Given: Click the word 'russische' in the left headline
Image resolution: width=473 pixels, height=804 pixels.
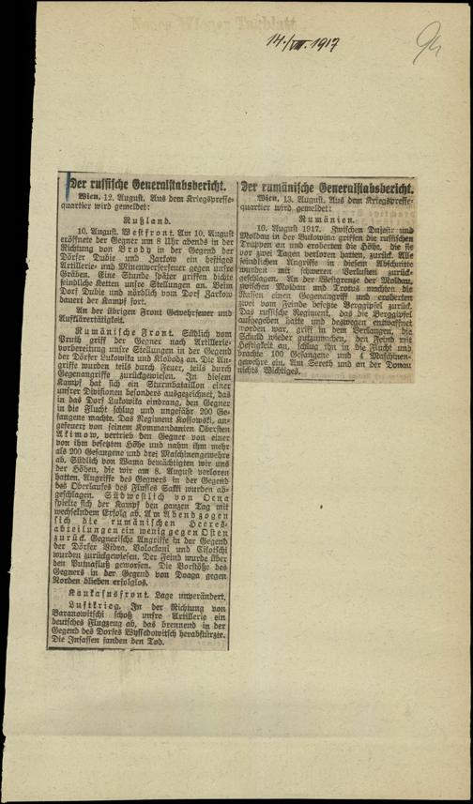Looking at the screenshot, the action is [104, 185].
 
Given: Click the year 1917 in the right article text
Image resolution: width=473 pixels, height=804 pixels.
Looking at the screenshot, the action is [308, 228].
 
